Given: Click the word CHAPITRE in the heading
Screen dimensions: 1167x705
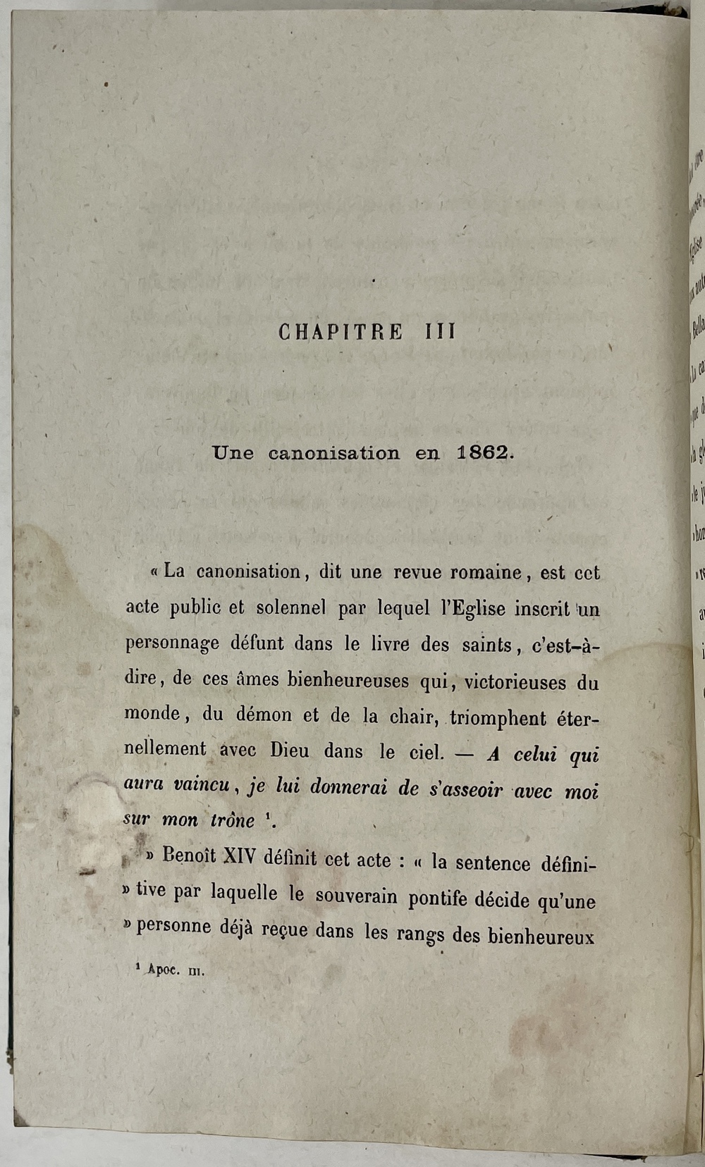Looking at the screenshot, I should [x=341, y=332].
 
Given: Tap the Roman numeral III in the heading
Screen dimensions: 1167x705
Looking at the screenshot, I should [x=441, y=332].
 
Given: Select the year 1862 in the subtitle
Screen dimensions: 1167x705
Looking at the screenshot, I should [x=482, y=453].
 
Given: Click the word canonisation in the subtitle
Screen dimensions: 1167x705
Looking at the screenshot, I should [x=333, y=453].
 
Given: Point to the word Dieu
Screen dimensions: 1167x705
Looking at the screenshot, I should [x=289, y=750].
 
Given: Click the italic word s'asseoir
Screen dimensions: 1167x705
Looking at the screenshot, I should [x=465, y=789].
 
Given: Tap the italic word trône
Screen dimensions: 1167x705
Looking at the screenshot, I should [x=233, y=820].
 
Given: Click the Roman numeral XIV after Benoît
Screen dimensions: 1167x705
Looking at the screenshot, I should [x=240, y=858].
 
